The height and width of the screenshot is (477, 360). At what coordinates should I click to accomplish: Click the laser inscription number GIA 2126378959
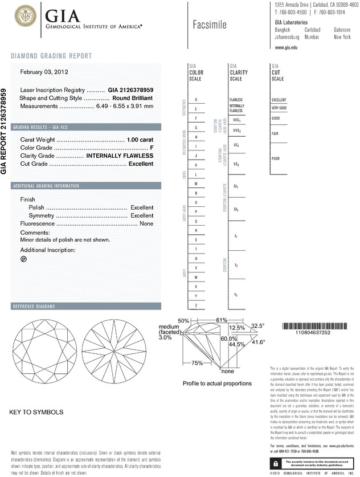pyautogui.click(x=130, y=91)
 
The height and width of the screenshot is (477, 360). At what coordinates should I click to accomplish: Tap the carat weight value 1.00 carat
pyautogui.click(x=141, y=140)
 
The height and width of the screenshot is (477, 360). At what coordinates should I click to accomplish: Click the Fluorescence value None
pyautogui.click(x=146, y=224)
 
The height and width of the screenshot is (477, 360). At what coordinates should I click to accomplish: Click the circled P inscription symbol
pyautogui.click(x=24, y=259)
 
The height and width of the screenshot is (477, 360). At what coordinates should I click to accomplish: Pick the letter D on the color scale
pyautogui.click(x=196, y=100)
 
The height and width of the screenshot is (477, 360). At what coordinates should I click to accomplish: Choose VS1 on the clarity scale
pyautogui.click(x=236, y=146)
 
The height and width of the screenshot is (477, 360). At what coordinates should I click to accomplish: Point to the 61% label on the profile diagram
pyautogui.click(x=222, y=320)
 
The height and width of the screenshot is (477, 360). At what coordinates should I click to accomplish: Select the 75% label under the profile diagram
pyautogui.click(x=197, y=363)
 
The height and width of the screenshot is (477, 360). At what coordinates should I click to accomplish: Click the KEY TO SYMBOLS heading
pyautogui.click(x=36, y=411)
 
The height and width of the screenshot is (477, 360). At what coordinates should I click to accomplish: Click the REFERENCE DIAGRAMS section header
pyautogui.click(x=34, y=307)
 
